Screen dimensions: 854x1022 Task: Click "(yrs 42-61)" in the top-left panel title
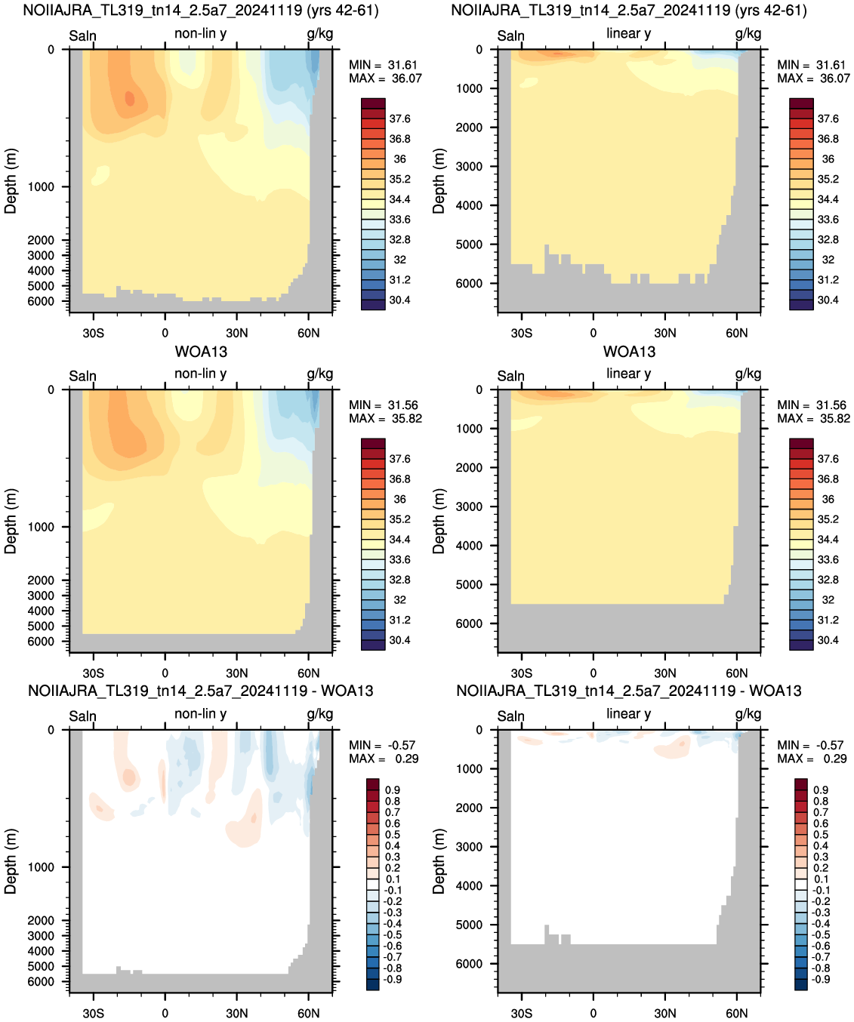(x=343, y=11)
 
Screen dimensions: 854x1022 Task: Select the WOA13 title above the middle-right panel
(x=629, y=352)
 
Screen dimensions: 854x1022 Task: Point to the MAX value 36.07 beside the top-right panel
(x=835, y=78)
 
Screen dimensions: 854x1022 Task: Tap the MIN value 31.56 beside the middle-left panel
(x=403, y=405)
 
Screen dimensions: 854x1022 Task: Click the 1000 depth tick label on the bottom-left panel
(x=41, y=867)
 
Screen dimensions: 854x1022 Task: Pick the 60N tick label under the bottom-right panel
(x=737, y=1013)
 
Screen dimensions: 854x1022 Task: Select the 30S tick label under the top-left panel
(x=93, y=334)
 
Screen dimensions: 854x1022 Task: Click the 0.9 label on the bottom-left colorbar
(x=393, y=790)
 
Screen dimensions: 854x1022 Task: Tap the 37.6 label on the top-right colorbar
(x=828, y=119)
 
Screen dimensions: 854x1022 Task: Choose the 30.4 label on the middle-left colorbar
(x=399, y=640)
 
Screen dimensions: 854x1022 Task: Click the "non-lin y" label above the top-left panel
(x=201, y=33)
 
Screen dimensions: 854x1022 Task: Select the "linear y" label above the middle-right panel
(x=629, y=374)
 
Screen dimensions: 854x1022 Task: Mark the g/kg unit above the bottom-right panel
(x=748, y=714)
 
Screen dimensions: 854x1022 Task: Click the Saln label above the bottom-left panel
(x=82, y=716)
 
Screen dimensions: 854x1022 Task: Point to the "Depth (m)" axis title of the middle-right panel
(x=439, y=521)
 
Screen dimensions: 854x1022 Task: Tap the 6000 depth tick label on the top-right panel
(x=469, y=283)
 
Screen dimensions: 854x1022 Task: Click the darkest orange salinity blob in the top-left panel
(x=129, y=98)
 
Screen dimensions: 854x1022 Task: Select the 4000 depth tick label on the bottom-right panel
(x=469, y=886)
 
